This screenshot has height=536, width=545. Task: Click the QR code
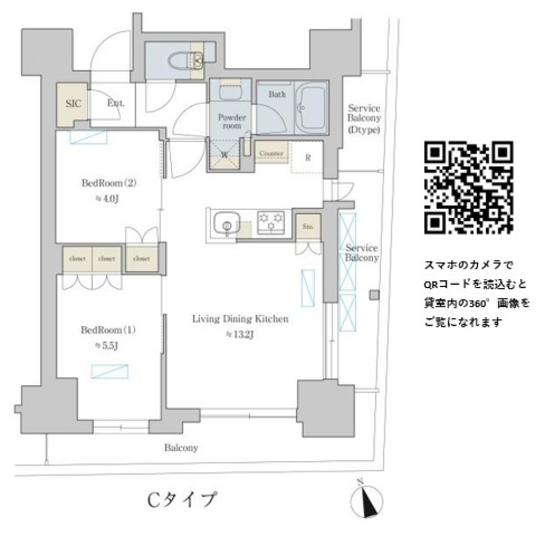click(469, 188)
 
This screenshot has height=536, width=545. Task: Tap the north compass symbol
click(367, 500)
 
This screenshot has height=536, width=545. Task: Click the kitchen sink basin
click(226, 223)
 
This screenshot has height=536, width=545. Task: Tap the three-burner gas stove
click(272, 222)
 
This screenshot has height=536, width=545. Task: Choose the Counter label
click(271, 154)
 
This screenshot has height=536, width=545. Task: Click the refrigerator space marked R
click(307, 158)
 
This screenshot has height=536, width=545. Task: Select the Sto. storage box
click(308, 227)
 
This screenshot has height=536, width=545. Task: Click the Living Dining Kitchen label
click(240, 319)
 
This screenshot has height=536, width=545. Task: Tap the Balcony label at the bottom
click(181, 448)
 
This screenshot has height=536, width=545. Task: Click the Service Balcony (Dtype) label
click(364, 119)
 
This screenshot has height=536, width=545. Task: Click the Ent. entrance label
click(116, 103)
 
